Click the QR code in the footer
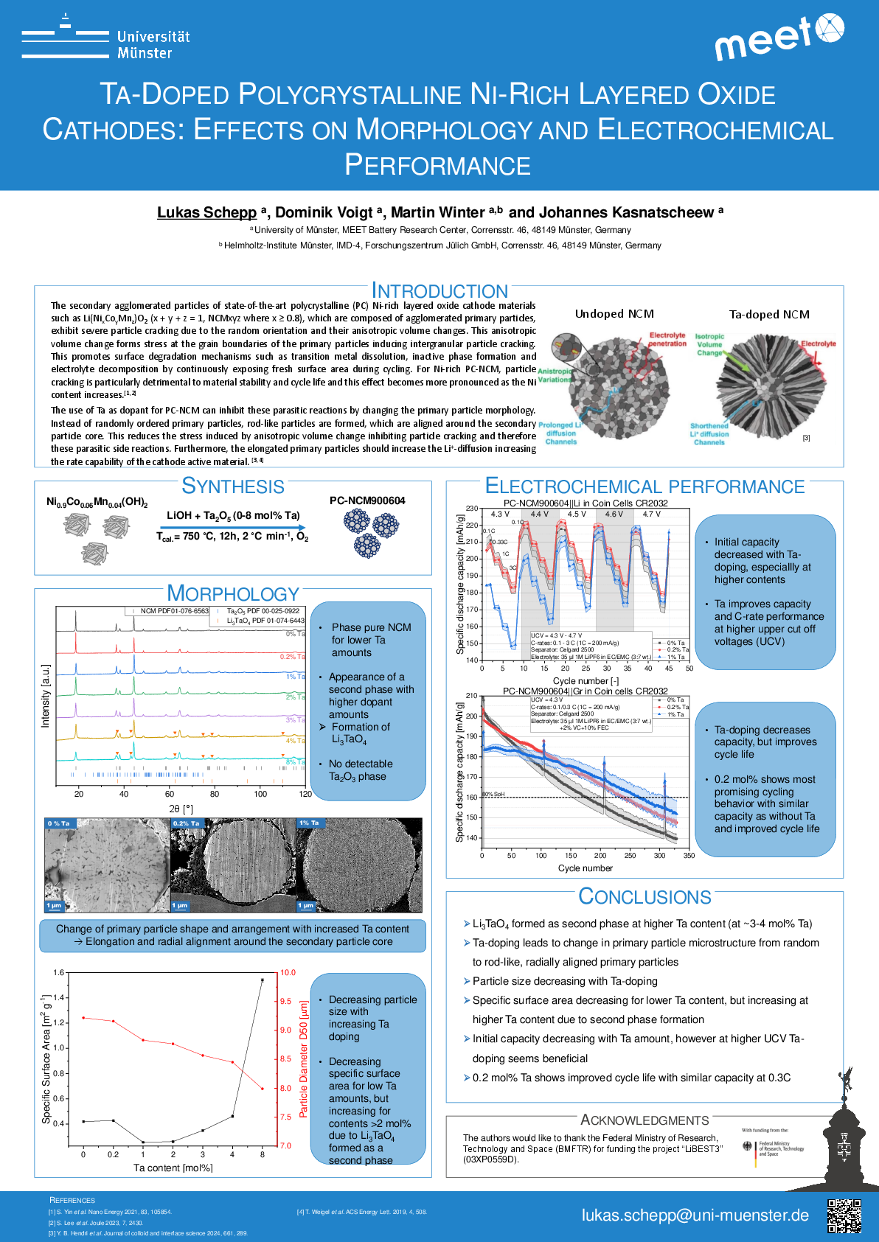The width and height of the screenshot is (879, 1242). click(x=844, y=1216)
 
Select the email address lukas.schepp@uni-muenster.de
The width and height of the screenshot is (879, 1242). click(x=695, y=1215)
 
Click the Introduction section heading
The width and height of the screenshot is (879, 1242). click(x=439, y=291)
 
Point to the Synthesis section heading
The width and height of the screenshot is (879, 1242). click(x=232, y=486)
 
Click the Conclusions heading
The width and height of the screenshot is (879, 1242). click(x=645, y=896)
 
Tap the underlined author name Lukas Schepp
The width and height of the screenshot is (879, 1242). click(x=206, y=212)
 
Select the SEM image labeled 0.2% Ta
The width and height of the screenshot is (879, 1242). click(x=233, y=865)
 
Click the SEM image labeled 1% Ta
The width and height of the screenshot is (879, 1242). click(x=359, y=865)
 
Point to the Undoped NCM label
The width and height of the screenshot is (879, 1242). click(x=614, y=314)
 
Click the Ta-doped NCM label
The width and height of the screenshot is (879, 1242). click(x=769, y=314)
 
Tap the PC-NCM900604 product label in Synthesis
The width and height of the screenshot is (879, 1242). click(x=367, y=500)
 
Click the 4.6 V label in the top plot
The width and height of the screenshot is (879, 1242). click(x=614, y=514)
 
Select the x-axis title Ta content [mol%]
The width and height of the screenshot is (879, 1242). click(x=173, y=1168)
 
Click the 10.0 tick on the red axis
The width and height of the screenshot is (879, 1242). click(x=288, y=973)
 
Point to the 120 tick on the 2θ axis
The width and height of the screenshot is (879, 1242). click(x=305, y=794)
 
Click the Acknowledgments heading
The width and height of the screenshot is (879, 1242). click(x=645, y=1120)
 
